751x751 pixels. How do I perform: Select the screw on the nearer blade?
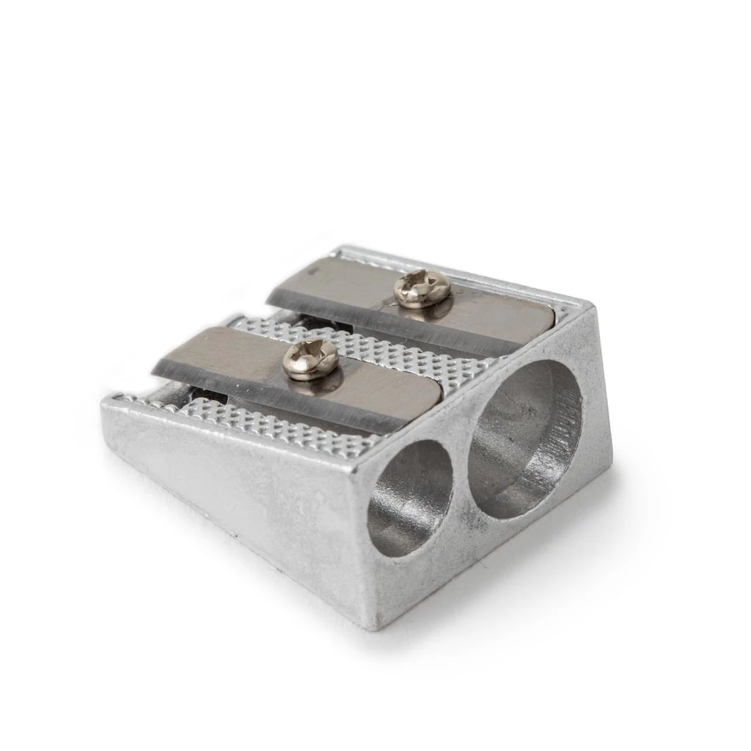pyautogui.click(x=310, y=359)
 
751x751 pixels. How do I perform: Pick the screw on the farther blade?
pyautogui.click(x=422, y=288)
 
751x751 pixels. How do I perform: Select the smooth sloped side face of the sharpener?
pyautogui.click(x=235, y=491)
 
